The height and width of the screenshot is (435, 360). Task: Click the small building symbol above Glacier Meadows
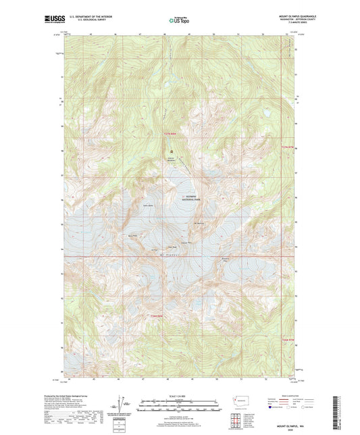coord(172,151)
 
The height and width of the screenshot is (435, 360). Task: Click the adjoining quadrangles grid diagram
coord(237,421)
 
